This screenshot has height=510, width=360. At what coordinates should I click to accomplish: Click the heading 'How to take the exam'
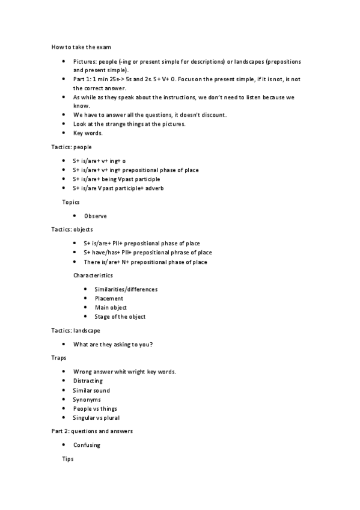point(81,47)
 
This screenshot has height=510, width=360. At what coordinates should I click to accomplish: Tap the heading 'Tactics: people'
point(72,147)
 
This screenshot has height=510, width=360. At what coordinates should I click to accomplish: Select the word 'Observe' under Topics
point(96,216)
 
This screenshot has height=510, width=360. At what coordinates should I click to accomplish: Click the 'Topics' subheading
point(71,202)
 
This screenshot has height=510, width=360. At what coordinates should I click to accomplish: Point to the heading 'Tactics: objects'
point(72,230)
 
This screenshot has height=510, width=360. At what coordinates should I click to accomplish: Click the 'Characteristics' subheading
point(93,275)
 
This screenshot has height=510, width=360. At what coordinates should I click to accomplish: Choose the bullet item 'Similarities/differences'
point(126,289)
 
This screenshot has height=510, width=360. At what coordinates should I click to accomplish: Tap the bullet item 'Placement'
point(109,298)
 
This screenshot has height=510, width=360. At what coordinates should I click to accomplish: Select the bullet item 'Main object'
point(111,307)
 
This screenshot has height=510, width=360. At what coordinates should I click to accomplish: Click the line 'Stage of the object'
point(120,316)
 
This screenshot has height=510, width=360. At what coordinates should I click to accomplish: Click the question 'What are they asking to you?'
point(113,344)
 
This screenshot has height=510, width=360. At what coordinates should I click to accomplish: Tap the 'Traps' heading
point(58,358)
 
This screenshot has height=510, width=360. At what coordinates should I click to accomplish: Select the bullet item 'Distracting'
point(88,381)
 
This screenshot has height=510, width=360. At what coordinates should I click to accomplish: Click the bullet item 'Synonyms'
point(87,399)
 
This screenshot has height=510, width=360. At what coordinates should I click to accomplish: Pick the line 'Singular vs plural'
point(97,417)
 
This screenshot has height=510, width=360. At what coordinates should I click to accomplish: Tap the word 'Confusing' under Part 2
point(87,445)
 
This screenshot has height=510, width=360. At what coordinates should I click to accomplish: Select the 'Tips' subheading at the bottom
point(68,459)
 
